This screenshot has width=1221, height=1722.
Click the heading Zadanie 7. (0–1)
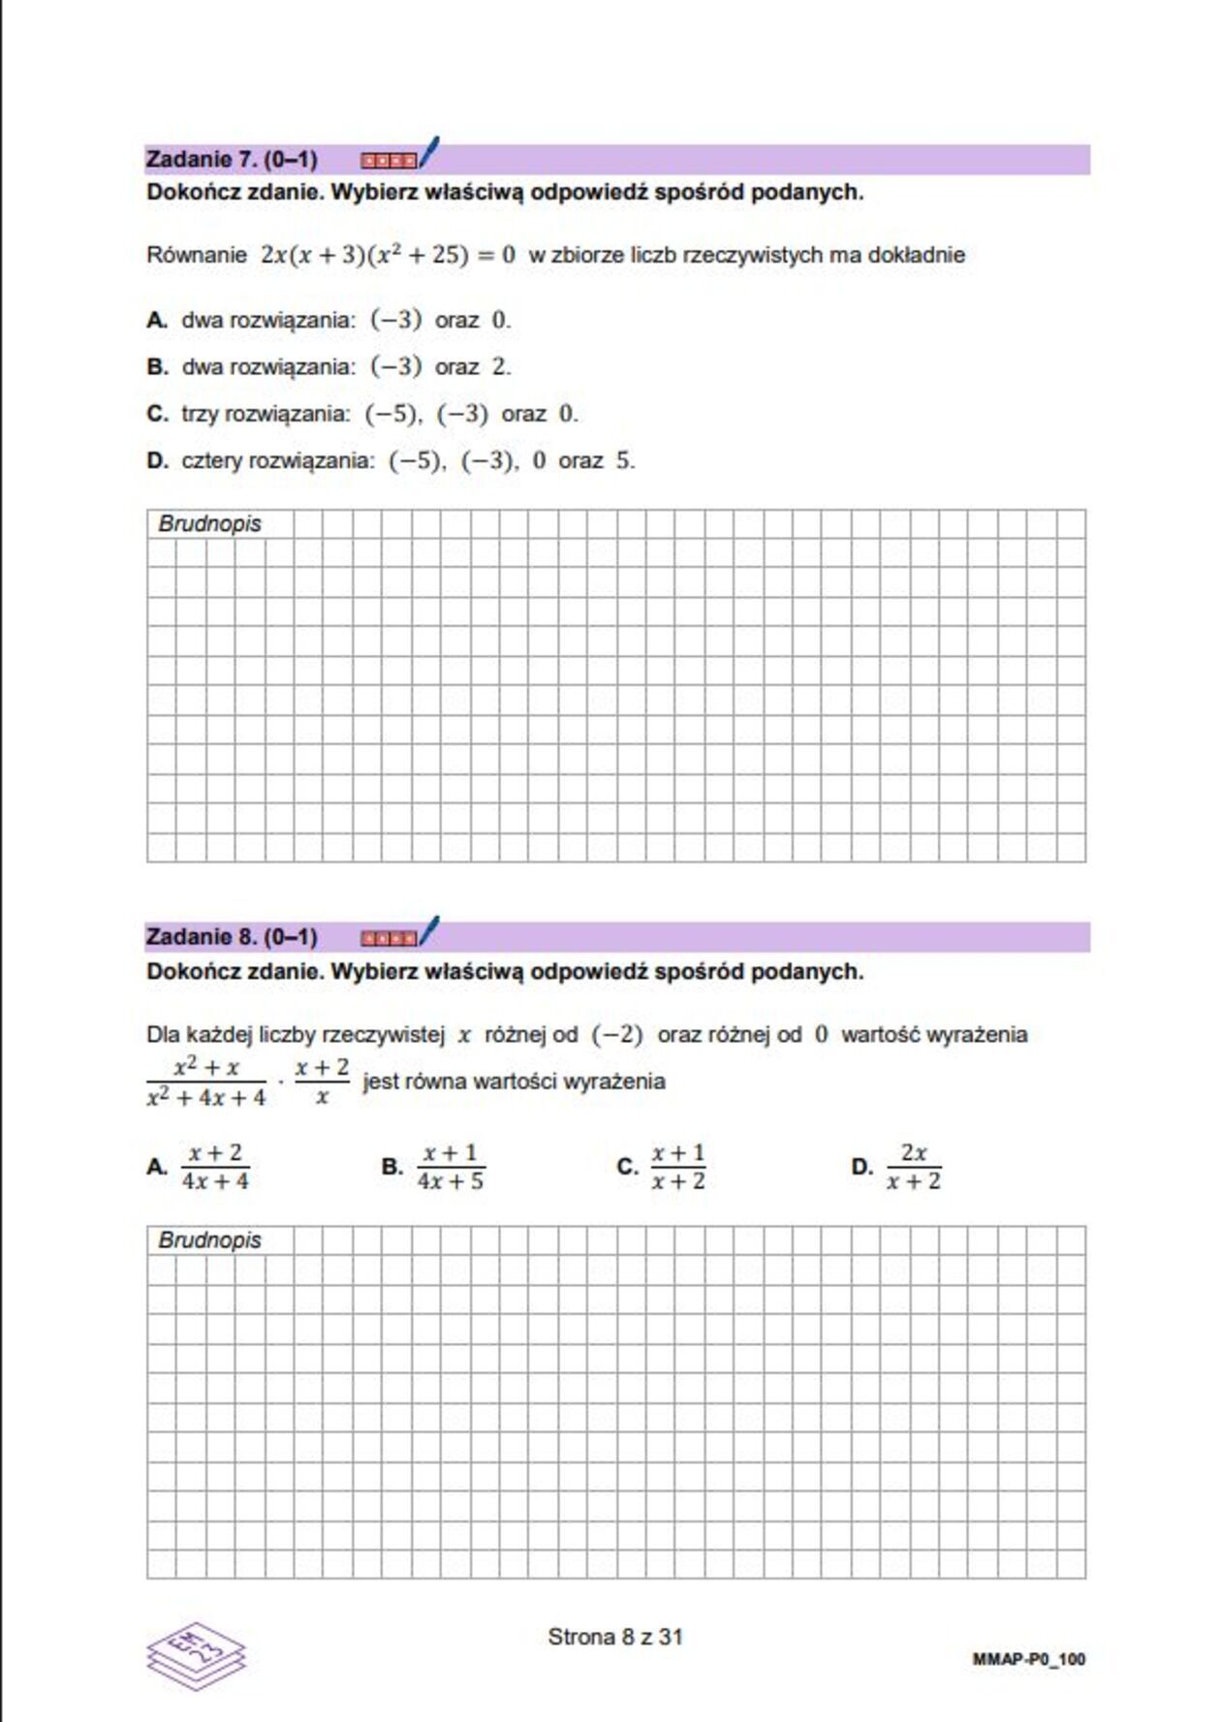point(232,160)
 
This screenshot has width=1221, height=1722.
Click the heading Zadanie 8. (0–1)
point(232,937)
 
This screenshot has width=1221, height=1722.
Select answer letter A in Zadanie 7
point(157,321)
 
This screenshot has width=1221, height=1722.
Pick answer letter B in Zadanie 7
point(157,367)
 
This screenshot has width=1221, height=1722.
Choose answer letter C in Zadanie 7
point(157,415)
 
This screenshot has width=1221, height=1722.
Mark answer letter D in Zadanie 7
point(157,461)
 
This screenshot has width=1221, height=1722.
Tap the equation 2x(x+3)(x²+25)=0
point(388,255)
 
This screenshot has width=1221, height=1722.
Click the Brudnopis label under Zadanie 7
point(209,524)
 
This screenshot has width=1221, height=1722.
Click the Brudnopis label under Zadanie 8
point(209,1241)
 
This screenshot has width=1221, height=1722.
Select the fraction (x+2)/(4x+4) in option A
point(215,1167)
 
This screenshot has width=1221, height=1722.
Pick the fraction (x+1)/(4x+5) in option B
point(451,1167)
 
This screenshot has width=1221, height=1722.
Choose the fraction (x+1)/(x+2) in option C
point(678,1167)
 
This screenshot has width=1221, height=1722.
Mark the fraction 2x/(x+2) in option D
point(913,1167)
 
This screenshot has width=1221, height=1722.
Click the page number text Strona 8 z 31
point(615,1638)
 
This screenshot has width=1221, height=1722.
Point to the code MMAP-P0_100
point(1028,1660)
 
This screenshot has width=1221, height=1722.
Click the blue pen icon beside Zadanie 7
point(428,152)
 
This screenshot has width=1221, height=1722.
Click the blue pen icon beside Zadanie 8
point(428,930)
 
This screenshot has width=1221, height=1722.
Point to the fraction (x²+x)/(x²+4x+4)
point(205,1082)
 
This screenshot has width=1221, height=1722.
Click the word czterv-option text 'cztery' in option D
point(212,461)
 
